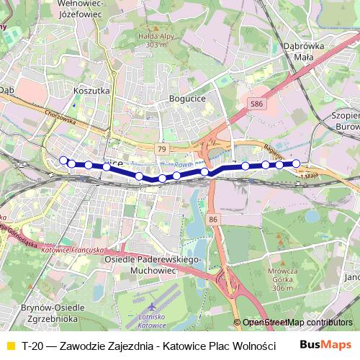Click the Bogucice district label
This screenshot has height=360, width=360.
[x=187, y=98]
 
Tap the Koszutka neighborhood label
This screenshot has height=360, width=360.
[x=91, y=91]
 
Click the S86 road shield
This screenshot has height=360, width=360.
[x=256, y=105]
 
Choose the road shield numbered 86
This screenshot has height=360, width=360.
[x=212, y=218]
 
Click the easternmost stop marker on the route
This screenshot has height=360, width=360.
[x=295, y=163]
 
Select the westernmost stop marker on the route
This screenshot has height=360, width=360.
[x=63, y=160]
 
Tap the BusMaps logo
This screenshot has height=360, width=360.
[x=326, y=346]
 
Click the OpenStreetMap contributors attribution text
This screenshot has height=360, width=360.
[x=297, y=323]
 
